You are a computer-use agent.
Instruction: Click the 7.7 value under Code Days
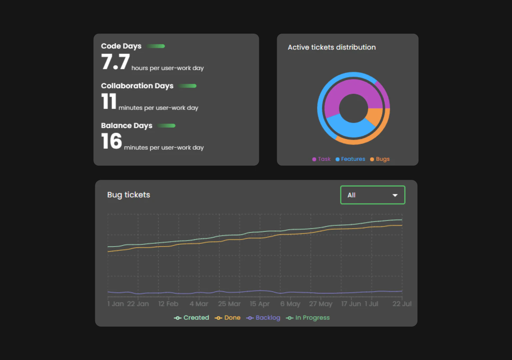click(115, 62)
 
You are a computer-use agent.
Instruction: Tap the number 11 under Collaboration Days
click(109, 101)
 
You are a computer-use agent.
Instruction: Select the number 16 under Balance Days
click(112, 141)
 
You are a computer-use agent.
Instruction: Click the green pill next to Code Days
click(156, 46)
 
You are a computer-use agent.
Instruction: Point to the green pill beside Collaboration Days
click(187, 86)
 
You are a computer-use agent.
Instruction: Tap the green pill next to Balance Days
click(166, 126)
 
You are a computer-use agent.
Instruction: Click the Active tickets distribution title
click(331, 47)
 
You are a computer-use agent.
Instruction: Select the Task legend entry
click(321, 159)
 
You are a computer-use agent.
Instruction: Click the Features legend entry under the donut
click(350, 159)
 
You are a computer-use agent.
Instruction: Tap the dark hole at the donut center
click(353, 108)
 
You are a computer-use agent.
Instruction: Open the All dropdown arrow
click(395, 195)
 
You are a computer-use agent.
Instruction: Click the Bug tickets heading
click(128, 195)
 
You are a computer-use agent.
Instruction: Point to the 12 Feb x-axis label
click(168, 304)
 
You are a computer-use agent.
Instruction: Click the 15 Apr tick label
click(259, 304)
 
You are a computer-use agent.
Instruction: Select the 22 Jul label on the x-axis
click(402, 304)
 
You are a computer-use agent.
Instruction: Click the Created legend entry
click(192, 318)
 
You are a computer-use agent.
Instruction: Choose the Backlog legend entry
click(263, 318)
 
